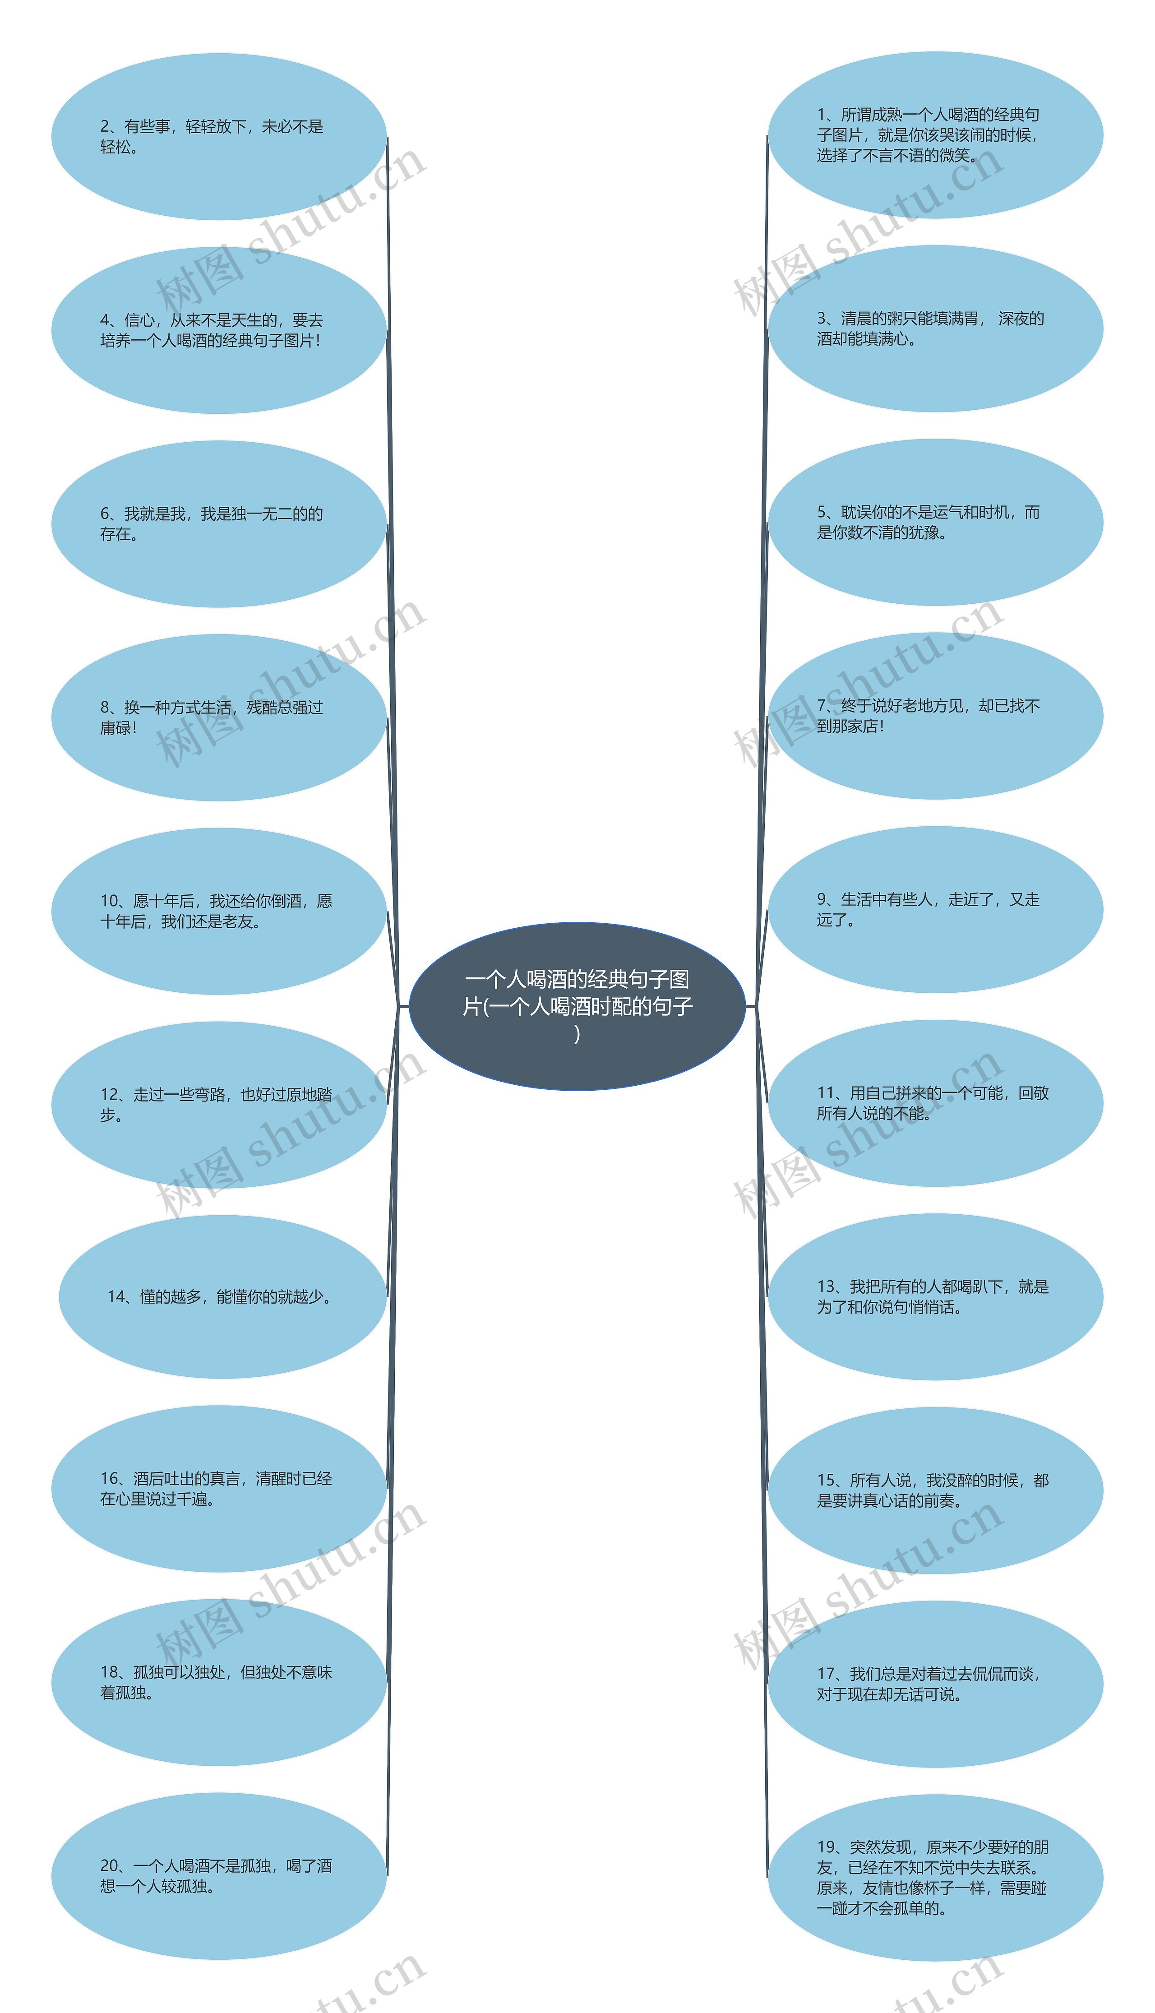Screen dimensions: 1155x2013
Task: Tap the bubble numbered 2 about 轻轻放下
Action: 218,136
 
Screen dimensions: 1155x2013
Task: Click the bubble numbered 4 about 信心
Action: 218,330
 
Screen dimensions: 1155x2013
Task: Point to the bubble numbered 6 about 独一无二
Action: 218,523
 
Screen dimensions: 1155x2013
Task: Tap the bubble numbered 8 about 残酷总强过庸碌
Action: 218,717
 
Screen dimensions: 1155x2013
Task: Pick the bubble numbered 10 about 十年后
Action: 218,911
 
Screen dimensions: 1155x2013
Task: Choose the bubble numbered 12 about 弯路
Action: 218,1104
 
